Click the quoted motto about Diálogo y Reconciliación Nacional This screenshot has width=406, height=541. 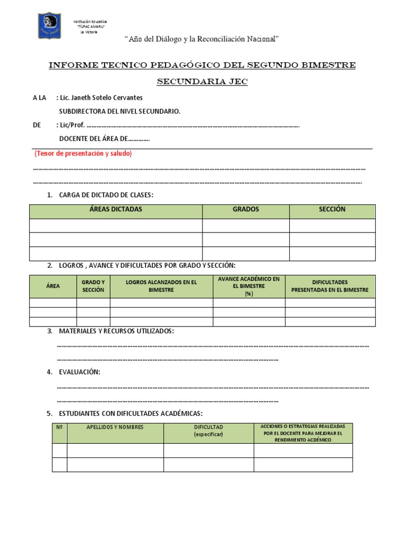201,39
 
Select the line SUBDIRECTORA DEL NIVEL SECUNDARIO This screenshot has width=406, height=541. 119,111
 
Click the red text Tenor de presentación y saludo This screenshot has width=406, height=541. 83,154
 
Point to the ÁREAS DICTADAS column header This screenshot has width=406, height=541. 116,210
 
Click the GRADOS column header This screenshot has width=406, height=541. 246,210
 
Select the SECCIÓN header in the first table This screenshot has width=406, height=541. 332,210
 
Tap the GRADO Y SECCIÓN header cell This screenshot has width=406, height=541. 93,286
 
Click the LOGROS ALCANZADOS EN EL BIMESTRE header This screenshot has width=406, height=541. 161,286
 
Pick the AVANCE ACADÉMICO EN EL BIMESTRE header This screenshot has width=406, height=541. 249,286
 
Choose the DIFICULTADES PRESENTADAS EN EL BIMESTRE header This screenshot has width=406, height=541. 330,286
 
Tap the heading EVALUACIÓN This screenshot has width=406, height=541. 80,372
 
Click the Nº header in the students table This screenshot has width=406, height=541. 59,427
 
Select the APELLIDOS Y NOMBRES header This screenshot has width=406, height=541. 115,427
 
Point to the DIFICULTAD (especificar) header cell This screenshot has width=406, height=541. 208,430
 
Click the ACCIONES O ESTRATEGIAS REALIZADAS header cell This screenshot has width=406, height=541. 303,432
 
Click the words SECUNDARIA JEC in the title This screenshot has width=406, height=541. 202,82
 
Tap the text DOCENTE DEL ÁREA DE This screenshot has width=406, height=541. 104,139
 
